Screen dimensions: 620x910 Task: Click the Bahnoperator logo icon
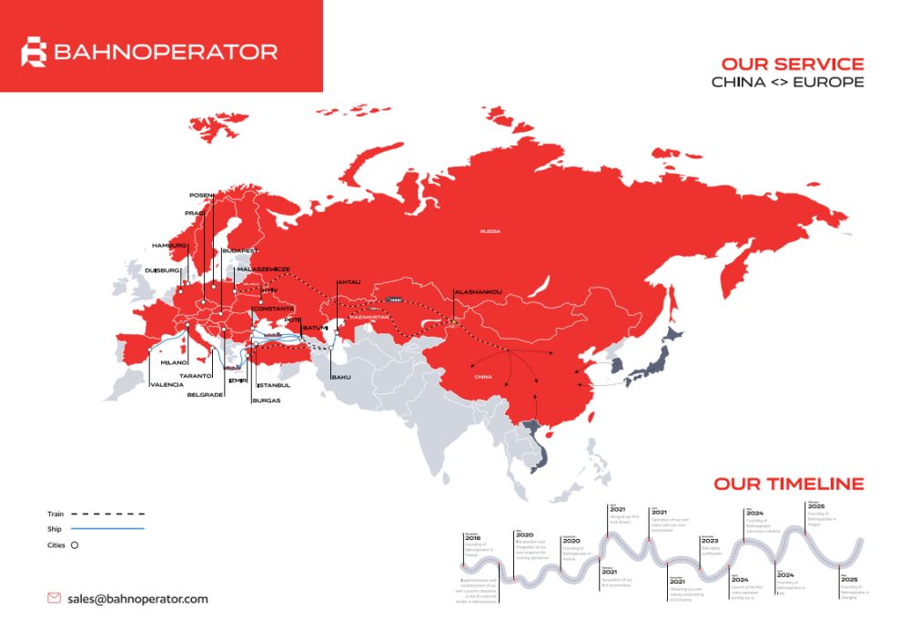pyautogui.click(x=34, y=52)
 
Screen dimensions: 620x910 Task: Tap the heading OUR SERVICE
pyautogui.click(x=792, y=65)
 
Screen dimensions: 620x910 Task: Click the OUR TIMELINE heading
pyautogui.click(x=788, y=483)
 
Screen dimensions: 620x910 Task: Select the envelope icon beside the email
pyautogui.click(x=54, y=598)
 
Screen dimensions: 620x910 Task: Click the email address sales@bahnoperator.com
pyautogui.click(x=137, y=599)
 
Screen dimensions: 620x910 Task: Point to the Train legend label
pyautogui.click(x=56, y=514)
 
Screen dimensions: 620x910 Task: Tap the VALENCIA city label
pyautogui.click(x=167, y=384)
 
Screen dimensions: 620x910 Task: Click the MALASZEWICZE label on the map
pyautogui.click(x=263, y=269)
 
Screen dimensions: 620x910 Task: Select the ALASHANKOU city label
pyautogui.click(x=478, y=292)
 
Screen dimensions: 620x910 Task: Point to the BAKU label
pyautogui.click(x=341, y=377)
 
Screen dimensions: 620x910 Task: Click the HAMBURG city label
pyautogui.click(x=169, y=246)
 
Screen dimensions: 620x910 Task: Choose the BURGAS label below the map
pyautogui.click(x=268, y=401)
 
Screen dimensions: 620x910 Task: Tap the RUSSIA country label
pyautogui.click(x=490, y=232)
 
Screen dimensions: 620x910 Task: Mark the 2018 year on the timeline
pyautogui.click(x=472, y=539)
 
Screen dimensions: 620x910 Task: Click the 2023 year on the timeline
pyautogui.click(x=709, y=540)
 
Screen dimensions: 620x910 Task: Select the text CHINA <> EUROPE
pyautogui.click(x=787, y=83)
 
